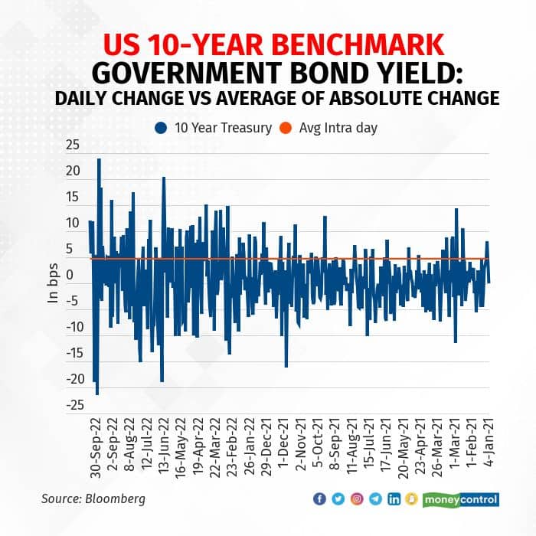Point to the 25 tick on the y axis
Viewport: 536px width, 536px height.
72,145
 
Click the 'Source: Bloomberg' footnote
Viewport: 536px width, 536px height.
93,499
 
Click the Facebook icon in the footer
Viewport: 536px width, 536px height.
320,499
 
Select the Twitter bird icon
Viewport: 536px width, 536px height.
338,499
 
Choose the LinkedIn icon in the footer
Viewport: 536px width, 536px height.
394,499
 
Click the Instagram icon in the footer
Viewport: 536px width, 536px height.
357,499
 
